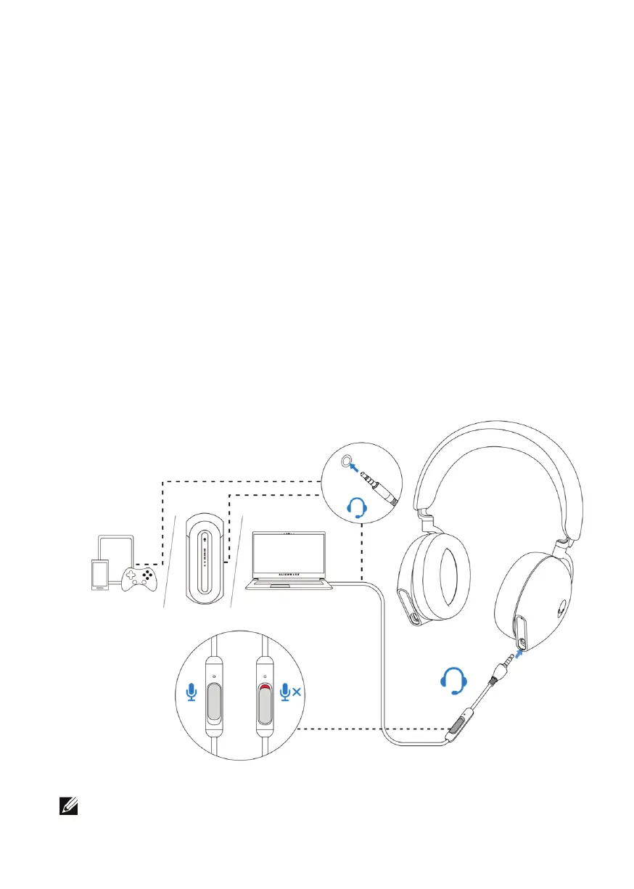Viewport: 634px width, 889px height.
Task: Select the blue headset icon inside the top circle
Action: (360, 507)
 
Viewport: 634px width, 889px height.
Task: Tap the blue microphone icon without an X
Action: (192, 692)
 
